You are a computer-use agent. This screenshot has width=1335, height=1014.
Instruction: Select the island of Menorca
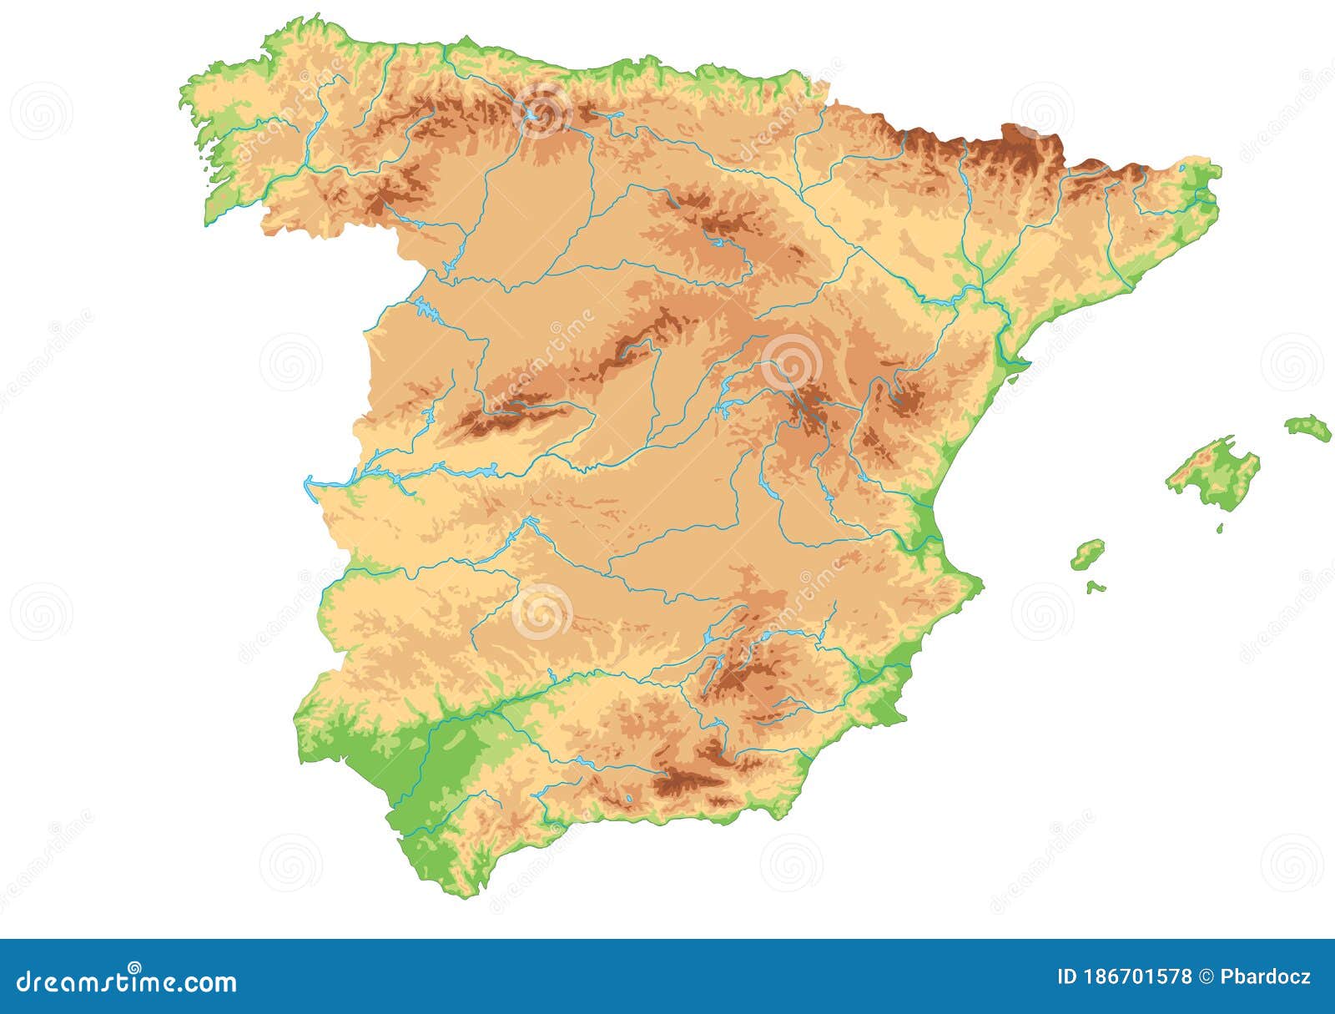pos(1307,427)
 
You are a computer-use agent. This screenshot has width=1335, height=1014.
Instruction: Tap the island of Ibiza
pos(1088,553)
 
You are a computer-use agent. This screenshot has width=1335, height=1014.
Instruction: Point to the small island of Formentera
pos(1096,588)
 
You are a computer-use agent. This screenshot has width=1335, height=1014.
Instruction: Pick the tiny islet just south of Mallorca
pos(1220,528)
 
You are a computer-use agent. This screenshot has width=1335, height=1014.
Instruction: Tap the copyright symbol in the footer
pos(1207,977)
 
